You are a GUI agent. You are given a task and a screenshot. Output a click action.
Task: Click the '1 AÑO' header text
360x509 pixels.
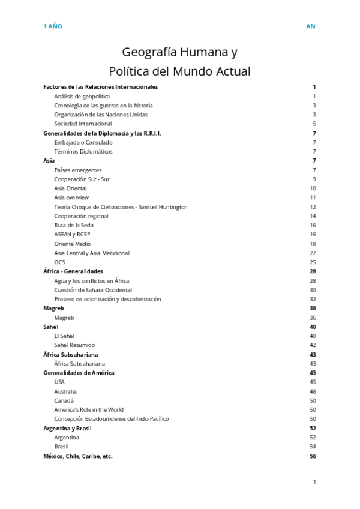click(52, 26)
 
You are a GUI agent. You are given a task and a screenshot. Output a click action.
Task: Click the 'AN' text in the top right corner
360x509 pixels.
click(310, 26)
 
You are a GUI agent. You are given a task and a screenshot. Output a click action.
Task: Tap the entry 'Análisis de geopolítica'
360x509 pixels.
click(82, 96)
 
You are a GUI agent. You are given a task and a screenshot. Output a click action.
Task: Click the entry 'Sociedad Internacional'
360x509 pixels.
click(83, 124)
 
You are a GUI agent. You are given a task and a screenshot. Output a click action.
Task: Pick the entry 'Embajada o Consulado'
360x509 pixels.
click(83, 142)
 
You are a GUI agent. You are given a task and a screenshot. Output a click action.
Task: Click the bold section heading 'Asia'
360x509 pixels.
click(49, 161)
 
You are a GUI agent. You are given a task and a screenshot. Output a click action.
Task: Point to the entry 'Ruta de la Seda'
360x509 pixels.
click(73, 225)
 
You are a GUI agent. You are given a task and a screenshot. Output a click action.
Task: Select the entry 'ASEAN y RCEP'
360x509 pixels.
click(72, 234)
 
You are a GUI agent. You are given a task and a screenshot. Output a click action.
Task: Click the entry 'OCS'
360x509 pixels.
click(59, 262)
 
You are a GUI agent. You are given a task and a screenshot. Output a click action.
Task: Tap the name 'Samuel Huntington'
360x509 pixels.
click(162, 207)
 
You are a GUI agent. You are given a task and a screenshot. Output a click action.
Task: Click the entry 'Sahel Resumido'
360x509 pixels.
click(74, 345)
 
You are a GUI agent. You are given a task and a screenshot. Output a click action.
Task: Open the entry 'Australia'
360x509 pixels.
click(65, 391)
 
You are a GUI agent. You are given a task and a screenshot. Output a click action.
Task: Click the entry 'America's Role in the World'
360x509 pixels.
click(89, 409)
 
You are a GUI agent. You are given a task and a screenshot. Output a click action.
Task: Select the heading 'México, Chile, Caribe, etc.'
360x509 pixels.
click(78, 456)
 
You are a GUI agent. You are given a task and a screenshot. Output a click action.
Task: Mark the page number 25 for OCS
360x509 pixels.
click(313, 262)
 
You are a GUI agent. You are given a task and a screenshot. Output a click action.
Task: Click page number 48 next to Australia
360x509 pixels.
click(313, 391)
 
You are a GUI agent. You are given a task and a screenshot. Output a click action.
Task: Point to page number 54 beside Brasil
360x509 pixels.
click(313, 447)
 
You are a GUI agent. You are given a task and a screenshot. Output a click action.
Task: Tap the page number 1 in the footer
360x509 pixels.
click(314, 482)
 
